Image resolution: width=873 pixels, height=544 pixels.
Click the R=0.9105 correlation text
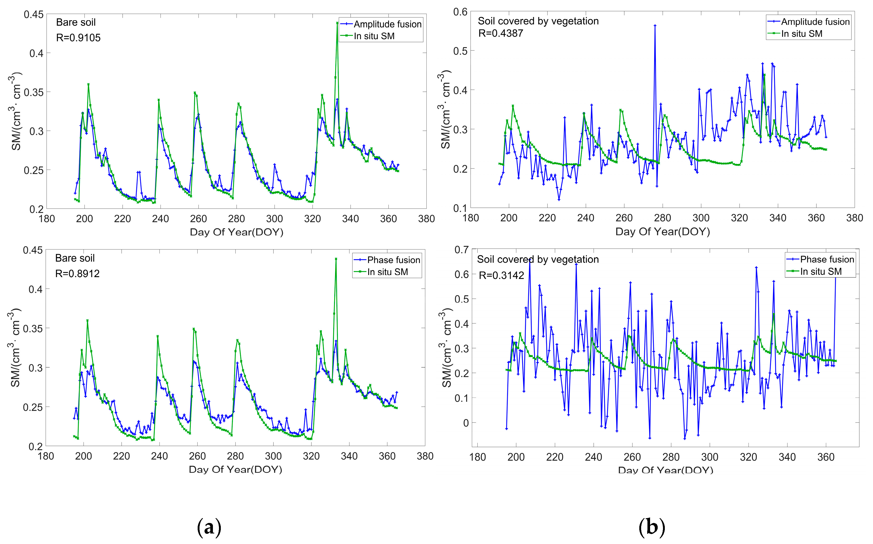tap(78, 38)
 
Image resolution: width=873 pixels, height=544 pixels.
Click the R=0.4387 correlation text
tap(500, 33)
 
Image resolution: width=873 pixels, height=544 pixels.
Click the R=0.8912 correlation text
tap(77, 274)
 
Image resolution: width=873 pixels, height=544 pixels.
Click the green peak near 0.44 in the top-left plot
tap(337, 23)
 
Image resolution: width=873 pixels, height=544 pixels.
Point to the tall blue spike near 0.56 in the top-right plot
tap(655, 26)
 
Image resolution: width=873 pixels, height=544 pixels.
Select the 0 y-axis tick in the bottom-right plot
tap(466, 423)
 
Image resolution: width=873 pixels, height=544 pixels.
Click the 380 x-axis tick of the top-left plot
tap(426, 219)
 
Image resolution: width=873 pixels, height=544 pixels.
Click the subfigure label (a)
tap(209, 527)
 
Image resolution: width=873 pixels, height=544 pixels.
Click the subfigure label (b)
tap(651, 527)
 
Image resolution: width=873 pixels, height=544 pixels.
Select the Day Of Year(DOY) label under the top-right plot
tap(662, 232)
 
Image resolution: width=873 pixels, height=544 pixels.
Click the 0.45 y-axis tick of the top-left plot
tap(33, 15)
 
